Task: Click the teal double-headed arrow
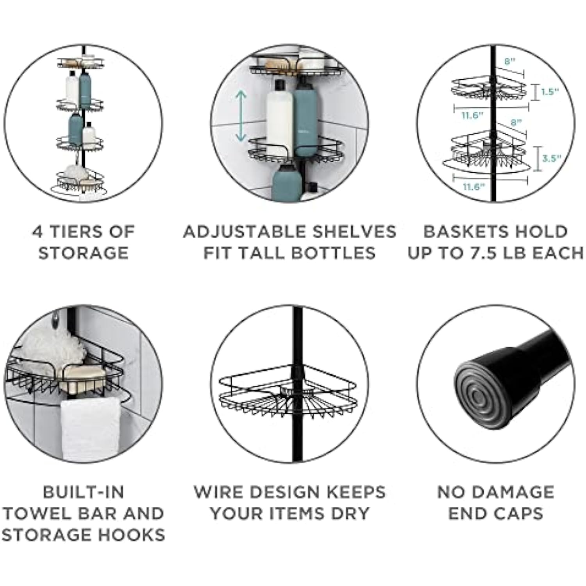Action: click(241, 116)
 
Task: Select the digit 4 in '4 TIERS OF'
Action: click(38, 232)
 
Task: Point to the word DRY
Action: click(350, 513)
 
